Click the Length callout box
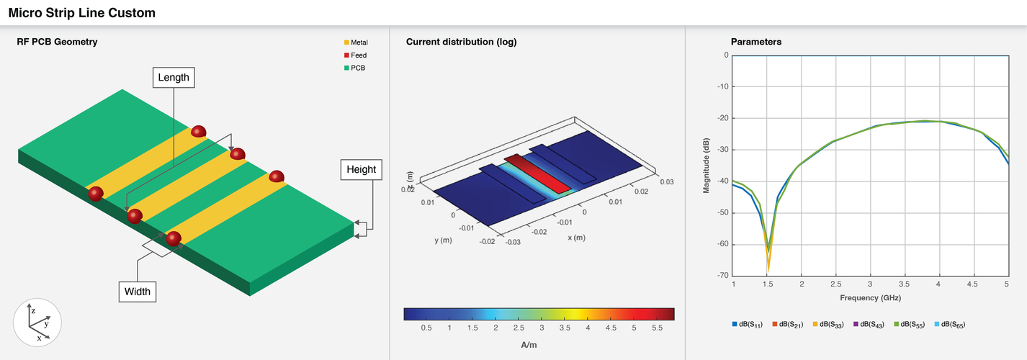(173, 77)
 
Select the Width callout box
(137, 291)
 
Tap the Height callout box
(361, 170)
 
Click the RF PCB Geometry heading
(57, 42)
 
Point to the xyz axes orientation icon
(37, 322)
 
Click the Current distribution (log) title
(461, 42)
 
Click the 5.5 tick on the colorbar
(658, 328)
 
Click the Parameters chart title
(756, 42)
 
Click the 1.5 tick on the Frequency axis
(767, 286)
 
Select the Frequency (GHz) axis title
(870, 297)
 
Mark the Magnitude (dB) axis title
(707, 165)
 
